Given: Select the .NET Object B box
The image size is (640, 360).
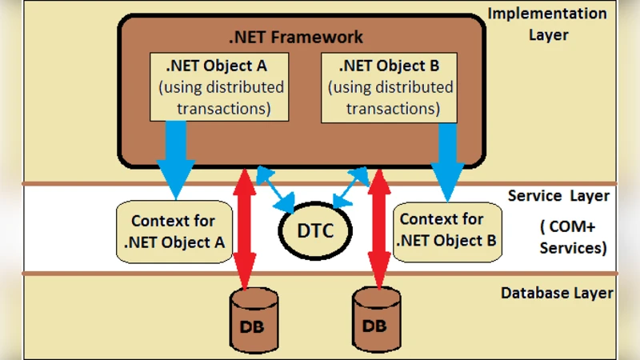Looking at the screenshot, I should pos(388,86).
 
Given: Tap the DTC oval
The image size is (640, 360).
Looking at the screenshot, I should pos(316,231).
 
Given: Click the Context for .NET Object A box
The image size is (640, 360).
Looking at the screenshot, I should pos(171,231).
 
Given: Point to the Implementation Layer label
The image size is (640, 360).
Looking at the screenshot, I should pos(547,24).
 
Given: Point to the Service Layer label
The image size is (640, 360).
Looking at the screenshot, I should pos(558,196).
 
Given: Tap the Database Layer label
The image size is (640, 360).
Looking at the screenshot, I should pos(557,293).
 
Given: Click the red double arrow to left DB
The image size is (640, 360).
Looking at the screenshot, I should pos(246,228).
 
